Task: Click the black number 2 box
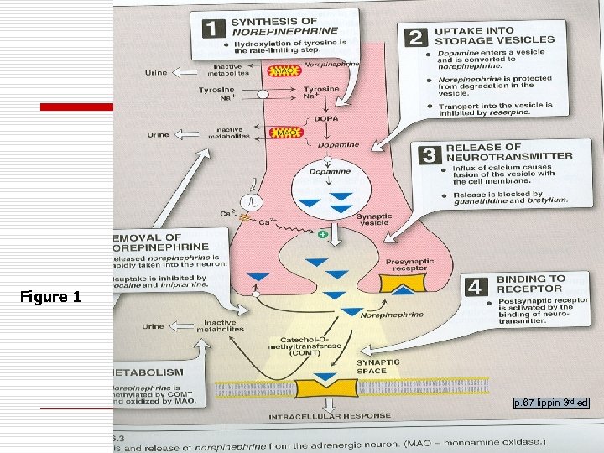click(x=415, y=37)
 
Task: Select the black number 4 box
click(x=476, y=287)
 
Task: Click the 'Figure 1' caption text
click(x=51, y=297)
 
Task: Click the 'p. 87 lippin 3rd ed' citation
click(x=551, y=404)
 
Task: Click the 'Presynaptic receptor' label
click(x=409, y=265)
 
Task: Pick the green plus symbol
click(x=322, y=232)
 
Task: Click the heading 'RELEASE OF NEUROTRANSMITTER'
click(x=509, y=152)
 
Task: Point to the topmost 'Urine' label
click(x=156, y=72)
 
